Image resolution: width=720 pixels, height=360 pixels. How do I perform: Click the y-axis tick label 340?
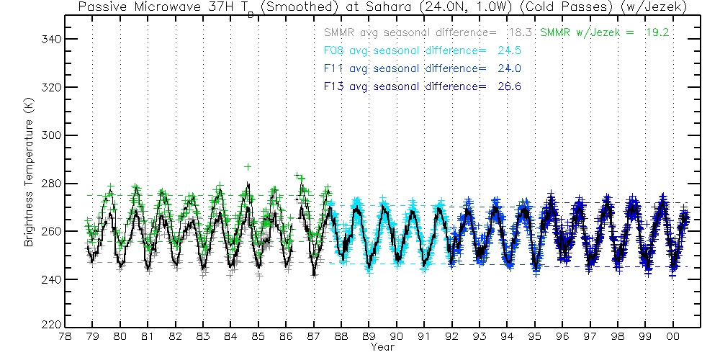tap(48, 39)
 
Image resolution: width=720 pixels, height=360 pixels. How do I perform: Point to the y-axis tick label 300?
tap(48, 135)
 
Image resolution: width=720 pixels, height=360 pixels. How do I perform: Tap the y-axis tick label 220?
tap(48, 325)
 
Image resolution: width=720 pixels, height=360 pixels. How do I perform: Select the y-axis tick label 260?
tap(48, 231)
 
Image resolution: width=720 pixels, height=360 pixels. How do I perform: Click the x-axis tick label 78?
tap(65, 336)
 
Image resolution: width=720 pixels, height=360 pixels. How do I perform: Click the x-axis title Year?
tap(382, 347)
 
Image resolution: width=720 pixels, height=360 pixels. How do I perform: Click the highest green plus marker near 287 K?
tap(248, 166)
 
